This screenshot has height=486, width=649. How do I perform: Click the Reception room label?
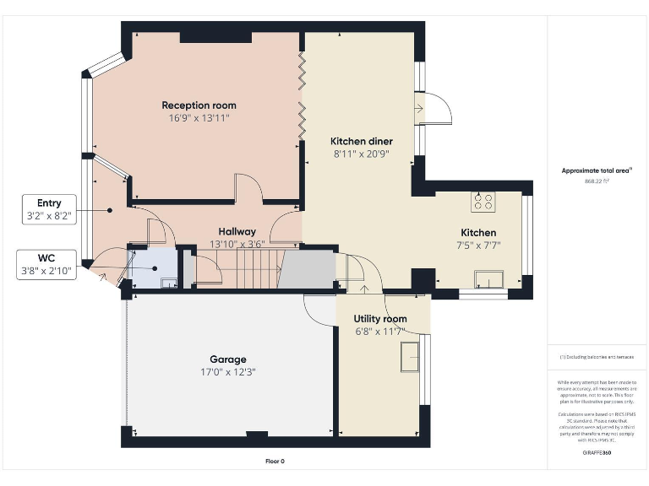click(x=199, y=105)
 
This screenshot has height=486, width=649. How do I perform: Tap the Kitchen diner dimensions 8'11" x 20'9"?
click(x=361, y=154)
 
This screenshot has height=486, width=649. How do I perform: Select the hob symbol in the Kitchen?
click(x=483, y=202)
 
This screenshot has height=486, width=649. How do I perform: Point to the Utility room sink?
click(x=410, y=355)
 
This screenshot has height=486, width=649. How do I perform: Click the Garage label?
click(x=227, y=359)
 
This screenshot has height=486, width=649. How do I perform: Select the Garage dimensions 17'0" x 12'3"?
click(x=227, y=372)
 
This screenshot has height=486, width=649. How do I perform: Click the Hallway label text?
click(x=237, y=231)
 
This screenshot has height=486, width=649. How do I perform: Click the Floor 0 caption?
click(x=275, y=462)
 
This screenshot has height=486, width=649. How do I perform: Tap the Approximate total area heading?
click(x=597, y=170)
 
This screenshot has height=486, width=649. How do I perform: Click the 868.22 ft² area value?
click(x=597, y=181)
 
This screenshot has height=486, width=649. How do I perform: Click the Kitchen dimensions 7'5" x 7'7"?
click(x=477, y=246)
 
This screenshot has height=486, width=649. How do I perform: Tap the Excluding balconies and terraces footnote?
click(x=597, y=357)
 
